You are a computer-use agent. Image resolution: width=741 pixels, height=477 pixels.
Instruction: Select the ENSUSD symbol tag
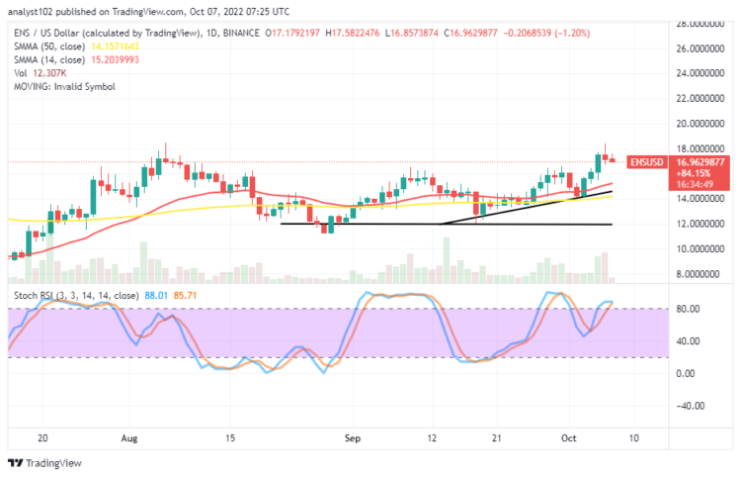pyautogui.click(x=644, y=162)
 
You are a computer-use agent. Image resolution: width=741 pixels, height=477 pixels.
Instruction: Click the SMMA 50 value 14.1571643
pyautogui.click(x=117, y=47)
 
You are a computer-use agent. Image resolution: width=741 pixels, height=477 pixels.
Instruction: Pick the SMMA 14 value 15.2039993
pyautogui.click(x=117, y=58)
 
